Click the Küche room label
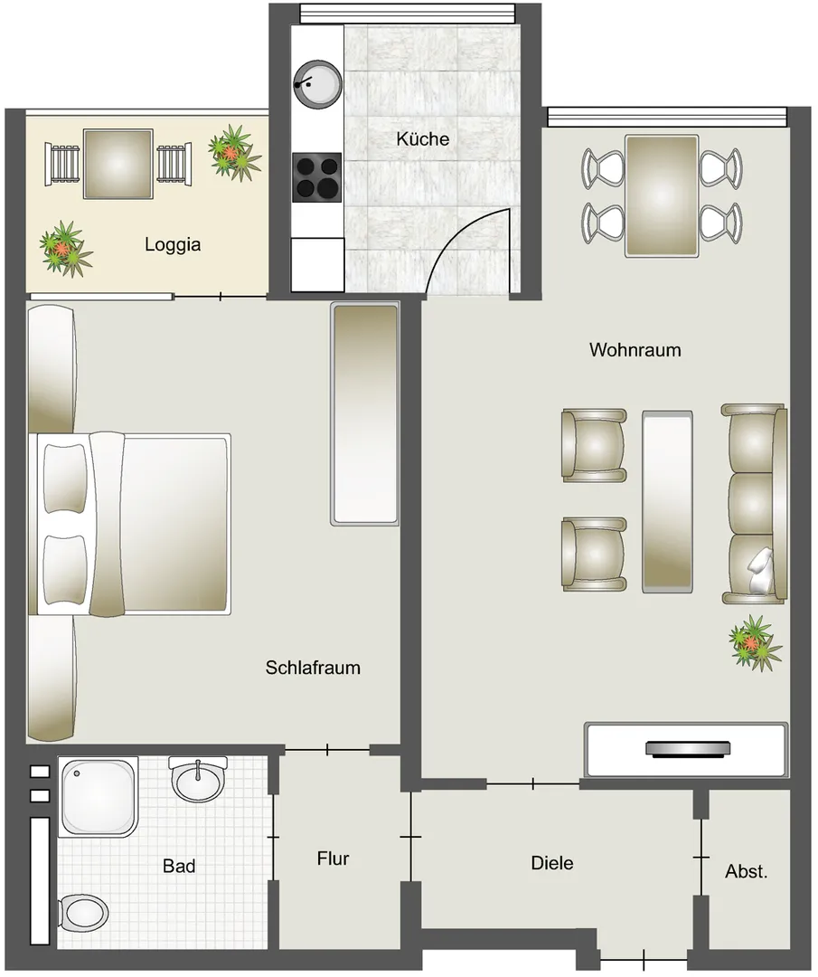pos(423,138)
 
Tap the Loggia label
pos(173,244)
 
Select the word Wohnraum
pos(635,349)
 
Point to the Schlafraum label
pos(313,668)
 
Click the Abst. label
pos(747,871)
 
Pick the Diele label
pos(552,863)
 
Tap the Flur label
pos(333,858)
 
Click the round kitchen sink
pos(317,84)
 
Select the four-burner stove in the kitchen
pos(317,177)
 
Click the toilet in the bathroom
pos(82,915)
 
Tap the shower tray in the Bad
pos(98,797)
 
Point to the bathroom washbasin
pos(198,780)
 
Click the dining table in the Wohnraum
pos(661,195)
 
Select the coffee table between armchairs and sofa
pos(667,501)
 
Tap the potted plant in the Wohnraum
pos(755,641)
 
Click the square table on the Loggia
pos(118,164)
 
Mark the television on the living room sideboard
pos(688,748)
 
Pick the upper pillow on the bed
pos(65,478)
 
